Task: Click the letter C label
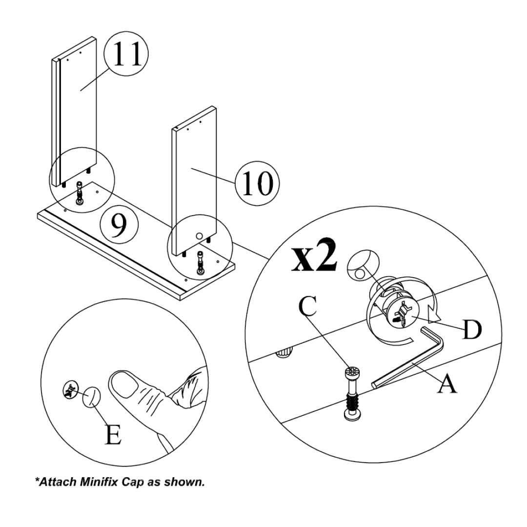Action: pyautogui.click(x=308, y=307)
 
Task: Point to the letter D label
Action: pyautogui.click(x=471, y=330)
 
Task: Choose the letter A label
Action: pyautogui.click(x=447, y=384)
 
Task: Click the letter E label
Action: pyautogui.click(x=113, y=435)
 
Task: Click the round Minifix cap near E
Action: pyautogui.click(x=91, y=397)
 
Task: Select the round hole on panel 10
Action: pyautogui.click(x=198, y=236)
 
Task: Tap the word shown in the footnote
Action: pyautogui.click(x=187, y=482)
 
